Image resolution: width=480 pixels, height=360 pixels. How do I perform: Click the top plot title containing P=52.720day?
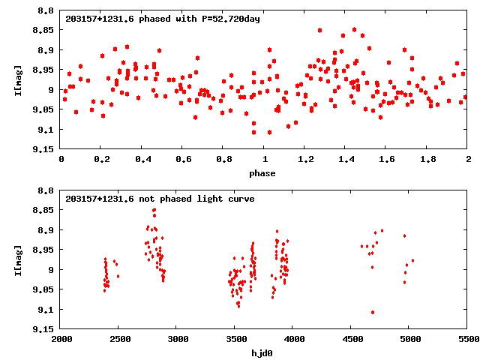[163, 18]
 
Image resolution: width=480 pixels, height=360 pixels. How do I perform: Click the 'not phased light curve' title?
[160, 199]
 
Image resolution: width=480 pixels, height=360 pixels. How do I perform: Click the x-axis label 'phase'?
[262, 173]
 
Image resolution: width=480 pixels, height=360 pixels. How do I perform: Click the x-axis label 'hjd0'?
[262, 353]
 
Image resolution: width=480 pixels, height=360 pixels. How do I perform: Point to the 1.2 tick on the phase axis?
[305, 159]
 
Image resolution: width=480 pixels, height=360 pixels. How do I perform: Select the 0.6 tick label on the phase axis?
[183, 159]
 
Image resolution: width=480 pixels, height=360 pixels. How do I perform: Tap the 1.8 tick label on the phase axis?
[427, 159]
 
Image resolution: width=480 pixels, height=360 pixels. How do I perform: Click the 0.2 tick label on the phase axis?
[101, 159]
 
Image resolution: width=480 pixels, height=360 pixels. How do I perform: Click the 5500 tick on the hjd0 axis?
[467, 339]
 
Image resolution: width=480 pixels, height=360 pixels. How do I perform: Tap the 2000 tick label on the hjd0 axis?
[61, 339]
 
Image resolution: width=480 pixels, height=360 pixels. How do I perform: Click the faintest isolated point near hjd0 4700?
[373, 312]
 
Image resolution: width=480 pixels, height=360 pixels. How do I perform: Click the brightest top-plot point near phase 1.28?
[320, 31]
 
